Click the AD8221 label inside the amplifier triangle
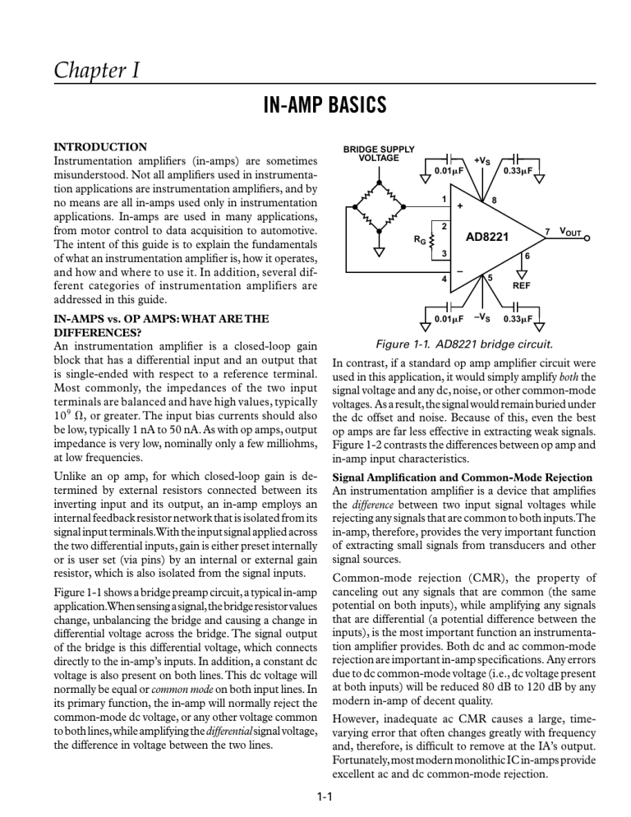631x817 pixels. (487, 238)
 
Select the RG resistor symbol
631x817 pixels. (433, 240)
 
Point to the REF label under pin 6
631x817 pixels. (522, 287)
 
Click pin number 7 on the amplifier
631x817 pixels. (547, 232)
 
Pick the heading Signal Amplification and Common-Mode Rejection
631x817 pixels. (463, 477)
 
